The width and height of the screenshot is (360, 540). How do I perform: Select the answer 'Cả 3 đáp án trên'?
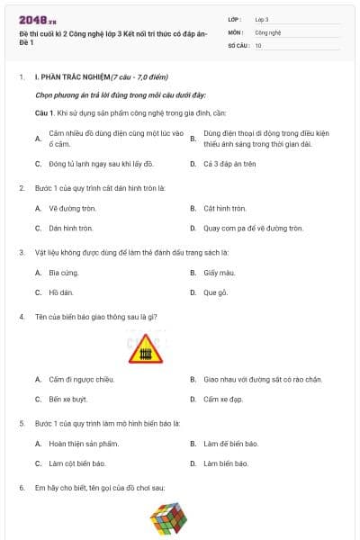click(229, 165)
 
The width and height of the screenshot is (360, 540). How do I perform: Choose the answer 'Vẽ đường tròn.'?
click(72, 208)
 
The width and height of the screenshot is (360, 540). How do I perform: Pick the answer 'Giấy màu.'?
click(220, 272)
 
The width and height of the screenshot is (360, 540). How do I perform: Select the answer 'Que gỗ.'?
click(216, 292)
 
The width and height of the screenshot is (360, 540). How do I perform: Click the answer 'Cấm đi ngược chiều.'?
click(82, 379)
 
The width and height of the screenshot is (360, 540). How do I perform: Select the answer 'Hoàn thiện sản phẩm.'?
click(84, 444)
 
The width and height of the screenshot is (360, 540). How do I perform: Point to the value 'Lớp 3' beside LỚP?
click(262, 19)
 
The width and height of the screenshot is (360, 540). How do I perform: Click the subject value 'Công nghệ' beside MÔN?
click(268, 31)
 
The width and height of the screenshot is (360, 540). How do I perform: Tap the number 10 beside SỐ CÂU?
click(258, 44)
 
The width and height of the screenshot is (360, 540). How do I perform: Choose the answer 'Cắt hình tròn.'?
click(224, 208)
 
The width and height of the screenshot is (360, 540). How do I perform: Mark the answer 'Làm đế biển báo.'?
click(231, 444)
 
